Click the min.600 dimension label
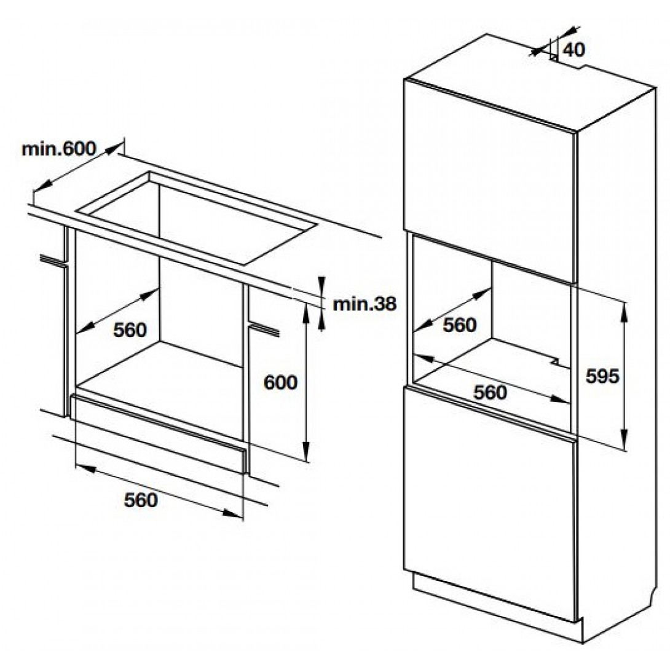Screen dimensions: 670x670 click(59, 149)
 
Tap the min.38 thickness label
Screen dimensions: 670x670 click(365, 304)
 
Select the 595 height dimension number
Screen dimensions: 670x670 click(602, 376)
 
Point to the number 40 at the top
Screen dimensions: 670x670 click(573, 50)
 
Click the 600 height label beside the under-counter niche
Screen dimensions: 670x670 click(280, 382)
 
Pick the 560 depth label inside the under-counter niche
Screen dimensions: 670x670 click(130, 330)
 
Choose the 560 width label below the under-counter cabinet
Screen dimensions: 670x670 click(141, 500)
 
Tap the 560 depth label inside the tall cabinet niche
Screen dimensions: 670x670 click(459, 325)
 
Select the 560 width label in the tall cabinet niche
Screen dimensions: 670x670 click(490, 392)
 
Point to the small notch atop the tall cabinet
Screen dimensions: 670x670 click(554, 57)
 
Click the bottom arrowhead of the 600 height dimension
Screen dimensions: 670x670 click(306, 453)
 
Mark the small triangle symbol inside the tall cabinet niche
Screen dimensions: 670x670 click(554, 361)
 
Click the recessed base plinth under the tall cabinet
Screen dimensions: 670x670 click(495, 605)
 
